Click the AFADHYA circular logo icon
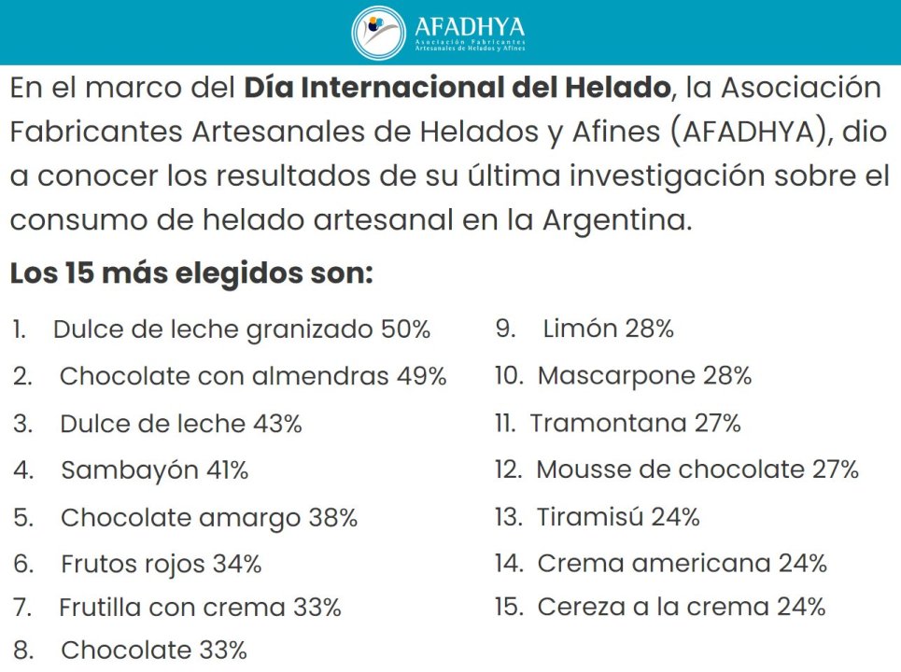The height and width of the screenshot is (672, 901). coord(378,32)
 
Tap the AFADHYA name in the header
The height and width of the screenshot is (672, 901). coord(469,25)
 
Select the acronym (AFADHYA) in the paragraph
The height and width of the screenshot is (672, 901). coord(750,132)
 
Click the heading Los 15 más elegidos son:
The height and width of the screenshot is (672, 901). coord(191,274)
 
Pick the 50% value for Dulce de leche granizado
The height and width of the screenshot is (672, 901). coord(405,329)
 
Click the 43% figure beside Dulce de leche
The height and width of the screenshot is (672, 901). coord(277,424)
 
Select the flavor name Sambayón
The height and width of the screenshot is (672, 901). coord(130,470)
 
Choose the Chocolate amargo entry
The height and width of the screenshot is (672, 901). coord(181,517)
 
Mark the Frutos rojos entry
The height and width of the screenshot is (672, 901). coord(130,564)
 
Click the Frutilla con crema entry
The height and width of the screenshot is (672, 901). coord(172,608)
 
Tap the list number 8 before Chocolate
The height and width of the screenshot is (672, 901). coord(22,650)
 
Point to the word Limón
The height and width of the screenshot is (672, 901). coord(580,329)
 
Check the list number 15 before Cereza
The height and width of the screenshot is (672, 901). coord(508,607)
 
